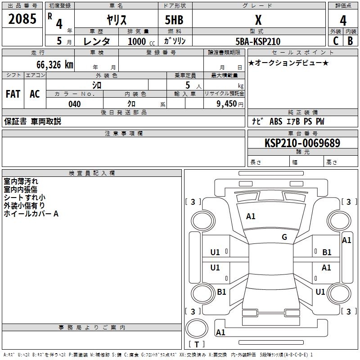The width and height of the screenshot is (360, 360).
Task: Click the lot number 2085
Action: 22,19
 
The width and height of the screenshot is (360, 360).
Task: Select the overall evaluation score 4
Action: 343,20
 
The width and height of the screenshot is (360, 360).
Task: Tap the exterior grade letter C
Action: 335,40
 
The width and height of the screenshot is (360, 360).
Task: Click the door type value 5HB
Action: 175,20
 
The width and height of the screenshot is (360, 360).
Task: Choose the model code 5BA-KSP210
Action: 258,41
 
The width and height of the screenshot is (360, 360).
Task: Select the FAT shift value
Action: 13,94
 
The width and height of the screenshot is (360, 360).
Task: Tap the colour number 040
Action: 74,104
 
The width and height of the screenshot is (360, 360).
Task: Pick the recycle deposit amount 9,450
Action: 227,104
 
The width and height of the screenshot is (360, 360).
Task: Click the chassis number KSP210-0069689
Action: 302,143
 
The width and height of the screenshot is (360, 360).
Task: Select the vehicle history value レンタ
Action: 97,41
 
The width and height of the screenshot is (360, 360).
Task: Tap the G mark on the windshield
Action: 284,237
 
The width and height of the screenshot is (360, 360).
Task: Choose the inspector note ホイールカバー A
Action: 31,214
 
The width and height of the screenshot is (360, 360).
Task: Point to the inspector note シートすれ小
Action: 24,198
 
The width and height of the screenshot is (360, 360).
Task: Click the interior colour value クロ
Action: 132,104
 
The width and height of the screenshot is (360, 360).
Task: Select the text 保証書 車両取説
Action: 32,121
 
